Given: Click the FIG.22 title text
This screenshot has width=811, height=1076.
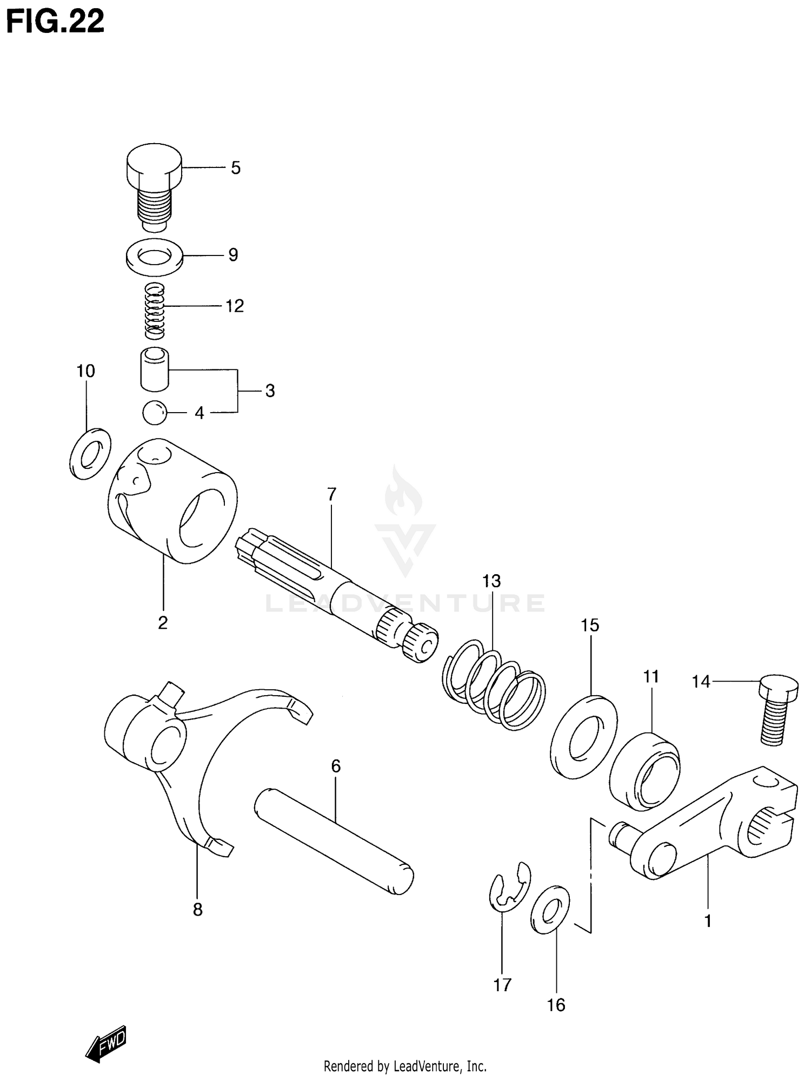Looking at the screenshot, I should tap(54, 23).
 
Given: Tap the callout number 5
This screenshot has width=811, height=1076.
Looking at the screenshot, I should tap(236, 168).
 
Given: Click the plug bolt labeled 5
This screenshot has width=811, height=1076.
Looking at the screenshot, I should tap(154, 184).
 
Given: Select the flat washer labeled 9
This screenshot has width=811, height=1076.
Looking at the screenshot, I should tap(155, 255).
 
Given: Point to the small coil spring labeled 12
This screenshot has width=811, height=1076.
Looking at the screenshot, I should tap(154, 311).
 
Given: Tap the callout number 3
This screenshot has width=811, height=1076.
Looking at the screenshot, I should tap(270, 391).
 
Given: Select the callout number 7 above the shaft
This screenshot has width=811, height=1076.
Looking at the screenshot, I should tap(331, 494).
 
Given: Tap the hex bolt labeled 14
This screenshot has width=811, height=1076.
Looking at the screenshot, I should tap(777, 709).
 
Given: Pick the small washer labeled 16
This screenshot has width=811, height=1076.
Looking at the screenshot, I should tap(550, 909).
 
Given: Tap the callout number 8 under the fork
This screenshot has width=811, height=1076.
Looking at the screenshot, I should tap(198, 910).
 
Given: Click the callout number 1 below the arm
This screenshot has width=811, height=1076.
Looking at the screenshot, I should tap(708, 920).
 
